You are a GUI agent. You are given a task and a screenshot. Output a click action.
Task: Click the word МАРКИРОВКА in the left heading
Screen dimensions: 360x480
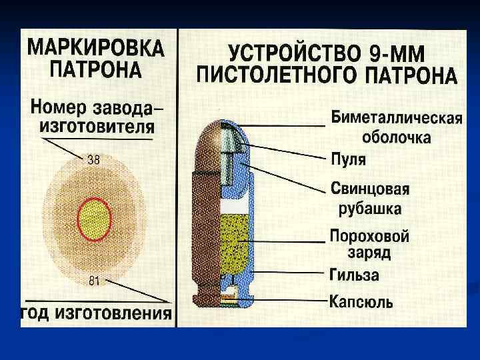coord(95,49)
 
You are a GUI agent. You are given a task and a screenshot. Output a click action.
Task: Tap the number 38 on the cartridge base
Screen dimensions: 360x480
coord(94,160)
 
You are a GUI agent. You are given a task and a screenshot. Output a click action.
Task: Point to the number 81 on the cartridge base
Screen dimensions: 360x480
coord(94,281)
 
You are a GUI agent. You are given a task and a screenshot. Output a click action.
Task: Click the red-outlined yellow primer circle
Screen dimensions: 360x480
coord(94,221)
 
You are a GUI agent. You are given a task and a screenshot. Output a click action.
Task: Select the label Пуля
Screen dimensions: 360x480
coord(349,160)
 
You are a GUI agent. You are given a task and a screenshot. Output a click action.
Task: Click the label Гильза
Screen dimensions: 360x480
coord(354,275)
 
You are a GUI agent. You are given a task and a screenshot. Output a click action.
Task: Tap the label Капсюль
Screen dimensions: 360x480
coord(361,301)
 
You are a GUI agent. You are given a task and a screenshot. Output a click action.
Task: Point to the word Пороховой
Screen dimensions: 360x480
coord(369,236)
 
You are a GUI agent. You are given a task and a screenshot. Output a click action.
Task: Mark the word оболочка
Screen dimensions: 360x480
coord(397,138)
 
